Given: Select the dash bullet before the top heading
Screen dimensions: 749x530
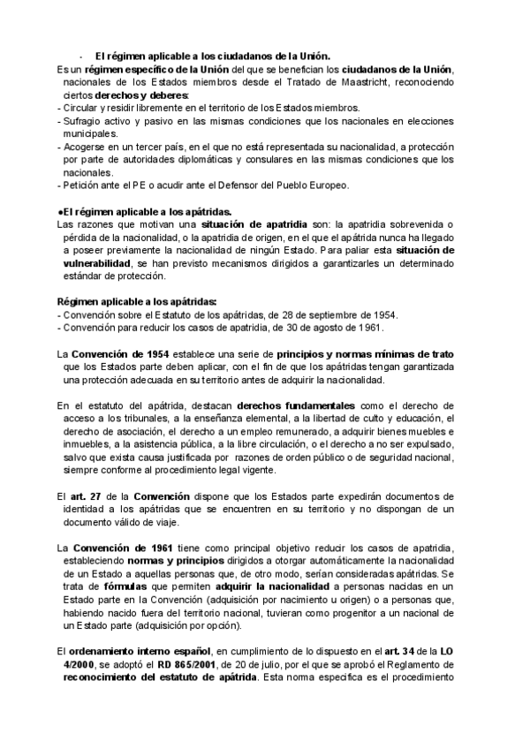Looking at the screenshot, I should click(x=79, y=55).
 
